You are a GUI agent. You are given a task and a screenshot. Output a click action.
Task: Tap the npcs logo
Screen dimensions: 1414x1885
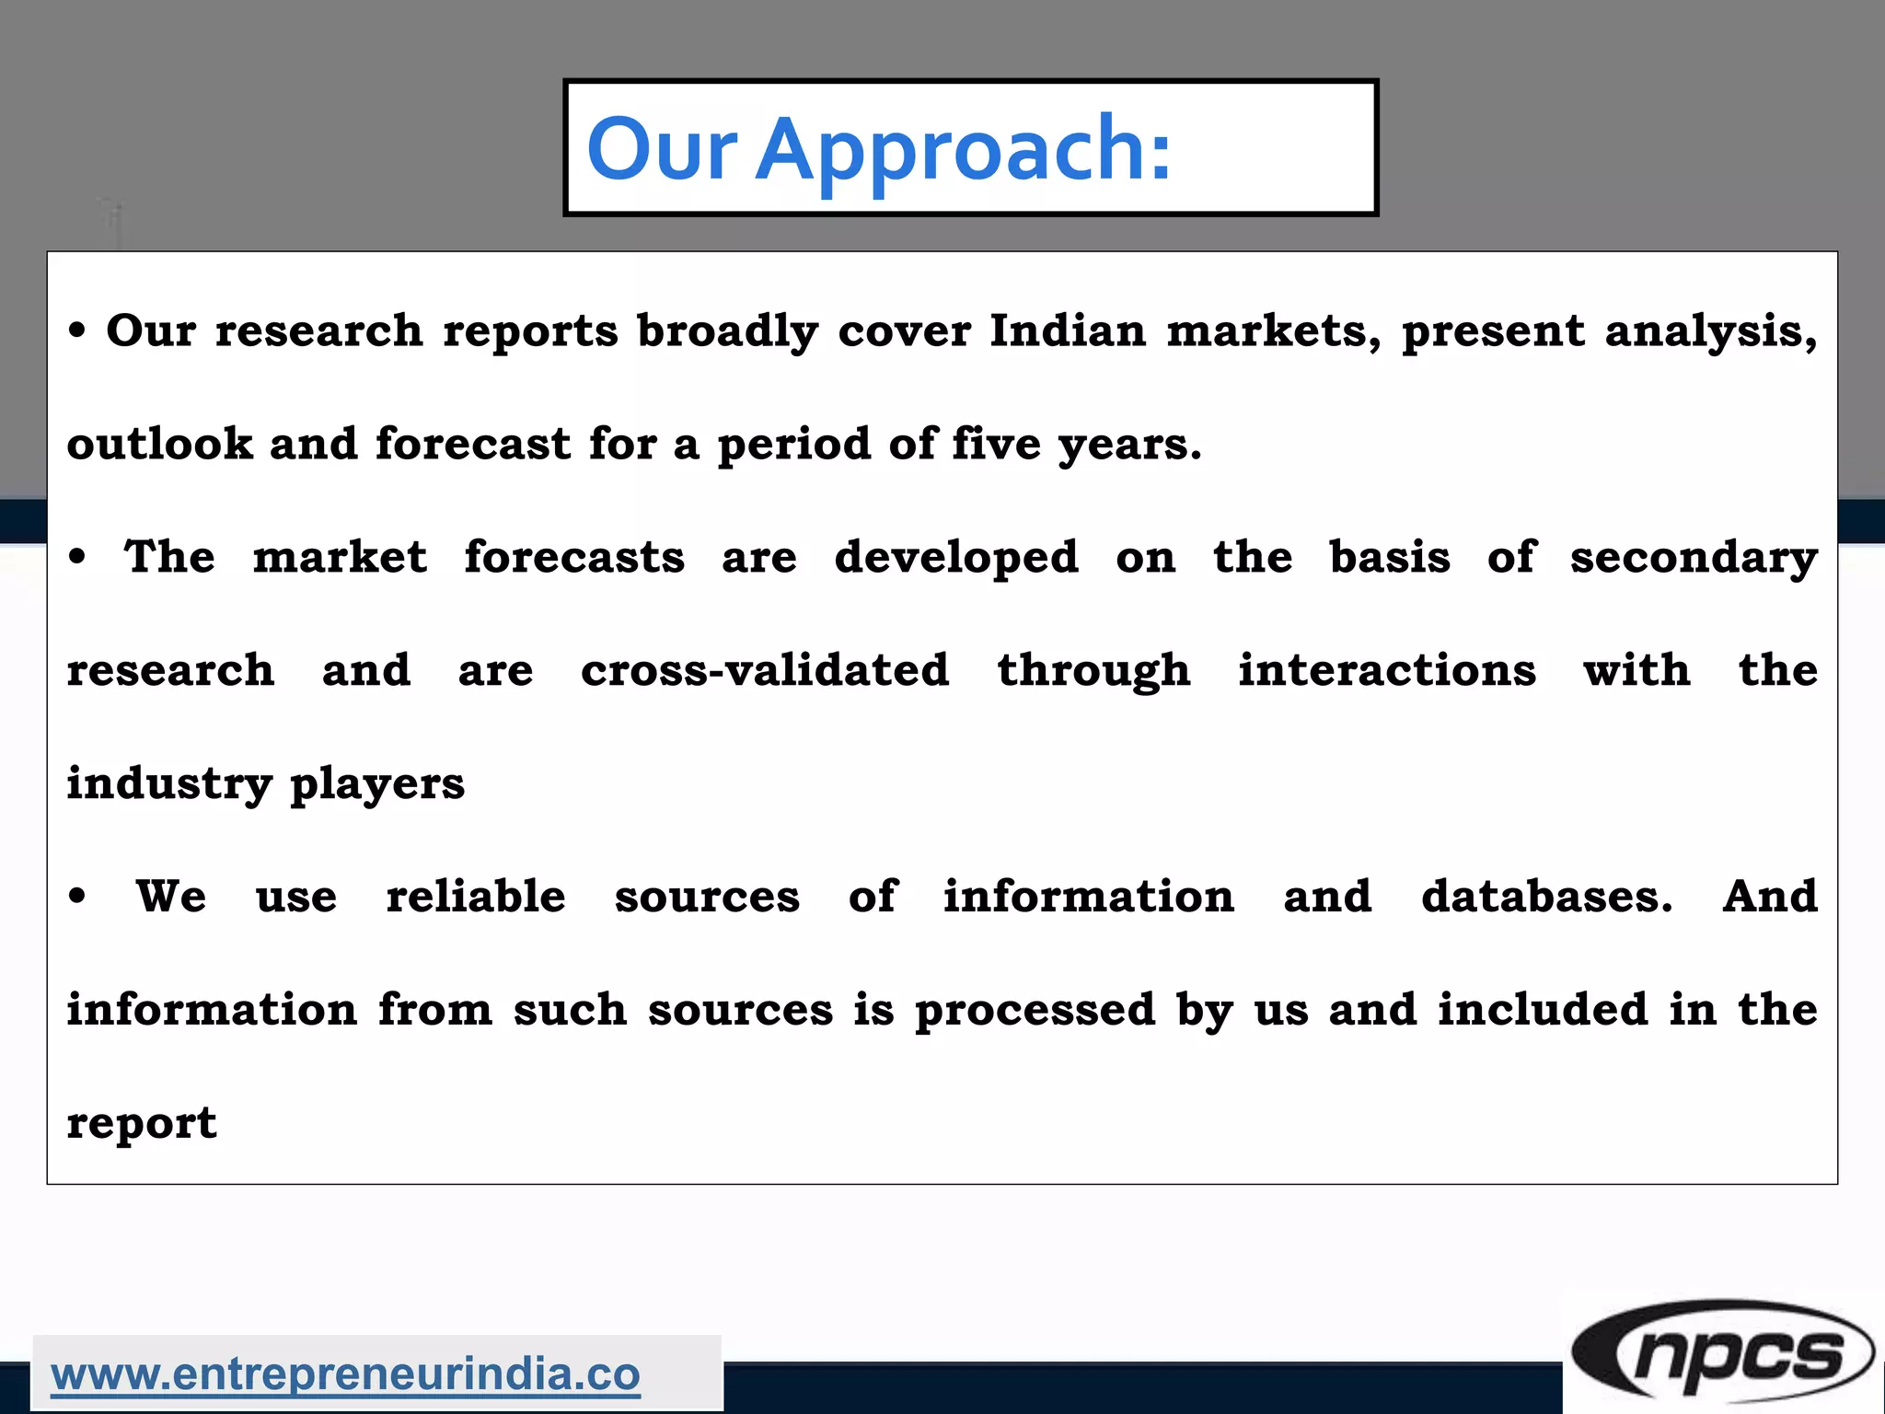1722,1354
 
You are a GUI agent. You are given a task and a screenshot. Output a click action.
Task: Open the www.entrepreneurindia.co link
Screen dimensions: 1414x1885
345,1375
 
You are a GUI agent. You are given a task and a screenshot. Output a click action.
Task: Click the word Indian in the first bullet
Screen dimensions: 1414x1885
1068,330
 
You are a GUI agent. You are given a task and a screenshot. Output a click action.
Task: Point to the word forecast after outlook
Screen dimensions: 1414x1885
473,444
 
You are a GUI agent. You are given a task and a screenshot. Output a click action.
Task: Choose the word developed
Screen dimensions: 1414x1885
956,558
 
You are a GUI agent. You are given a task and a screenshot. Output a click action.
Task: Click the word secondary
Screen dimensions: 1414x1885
1694,559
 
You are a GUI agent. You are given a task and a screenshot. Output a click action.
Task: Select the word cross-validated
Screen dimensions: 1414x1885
765,670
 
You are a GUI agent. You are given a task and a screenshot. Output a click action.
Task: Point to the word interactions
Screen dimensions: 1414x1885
1386,670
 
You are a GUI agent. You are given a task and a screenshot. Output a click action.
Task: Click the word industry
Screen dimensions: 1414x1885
169,785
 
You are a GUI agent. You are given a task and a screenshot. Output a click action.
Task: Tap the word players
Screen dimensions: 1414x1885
377,785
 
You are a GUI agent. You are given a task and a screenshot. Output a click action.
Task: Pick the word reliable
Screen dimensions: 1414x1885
476,897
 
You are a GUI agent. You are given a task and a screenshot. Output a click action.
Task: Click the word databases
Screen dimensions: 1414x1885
1546,897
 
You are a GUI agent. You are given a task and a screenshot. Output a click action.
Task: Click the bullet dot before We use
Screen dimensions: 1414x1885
78,896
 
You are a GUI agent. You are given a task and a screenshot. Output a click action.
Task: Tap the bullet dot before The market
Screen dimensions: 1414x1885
78,557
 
